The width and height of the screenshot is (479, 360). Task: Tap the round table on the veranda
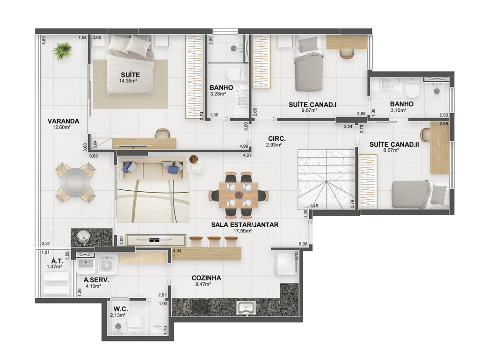[75, 183]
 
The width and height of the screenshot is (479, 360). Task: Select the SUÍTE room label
[130, 75]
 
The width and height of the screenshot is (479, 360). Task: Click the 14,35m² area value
[128, 81]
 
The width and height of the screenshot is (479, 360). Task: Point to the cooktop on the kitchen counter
[201, 306]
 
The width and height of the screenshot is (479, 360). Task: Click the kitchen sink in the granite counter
[246, 308]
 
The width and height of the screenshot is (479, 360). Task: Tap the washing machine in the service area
[107, 265]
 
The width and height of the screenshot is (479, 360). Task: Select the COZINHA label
[206, 278]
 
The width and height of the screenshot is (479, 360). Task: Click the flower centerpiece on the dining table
[238, 194]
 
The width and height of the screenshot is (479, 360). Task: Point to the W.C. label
[121, 310]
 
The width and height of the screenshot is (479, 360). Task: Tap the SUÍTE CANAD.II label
[394, 144]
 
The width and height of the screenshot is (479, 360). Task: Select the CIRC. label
[277, 139]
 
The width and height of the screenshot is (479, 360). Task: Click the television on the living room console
[156, 240]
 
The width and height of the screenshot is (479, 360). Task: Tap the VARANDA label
[63, 121]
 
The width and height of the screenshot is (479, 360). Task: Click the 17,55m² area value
[243, 231]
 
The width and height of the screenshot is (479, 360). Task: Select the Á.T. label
[57, 261]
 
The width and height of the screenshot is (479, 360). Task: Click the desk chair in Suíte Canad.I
[347, 53]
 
